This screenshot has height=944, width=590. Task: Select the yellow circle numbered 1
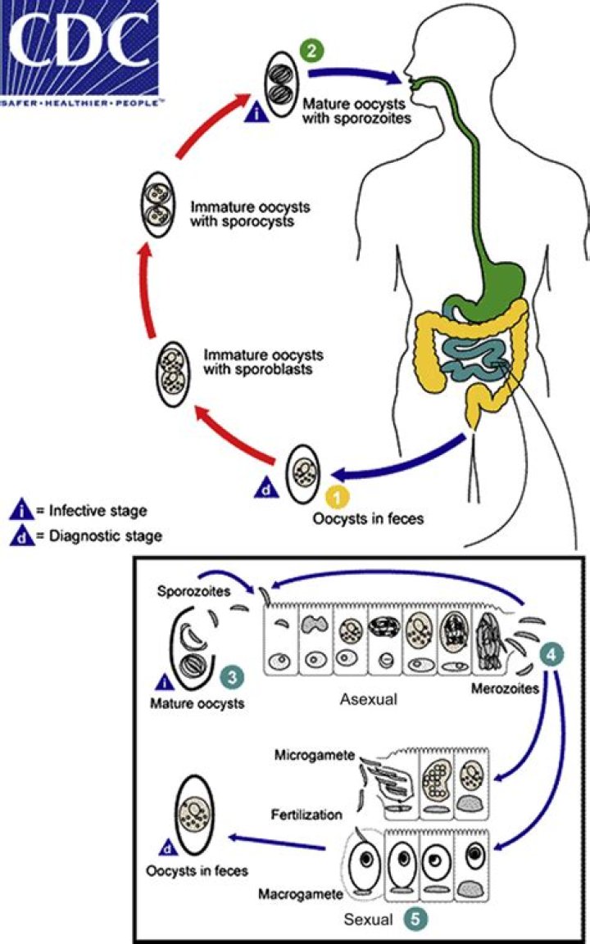click(336, 496)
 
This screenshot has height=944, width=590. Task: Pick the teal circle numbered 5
click(415, 919)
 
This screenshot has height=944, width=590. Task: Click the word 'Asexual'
click(367, 701)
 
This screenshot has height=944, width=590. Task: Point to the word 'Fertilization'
click(306, 815)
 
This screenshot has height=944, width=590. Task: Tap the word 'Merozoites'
click(504, 689)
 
